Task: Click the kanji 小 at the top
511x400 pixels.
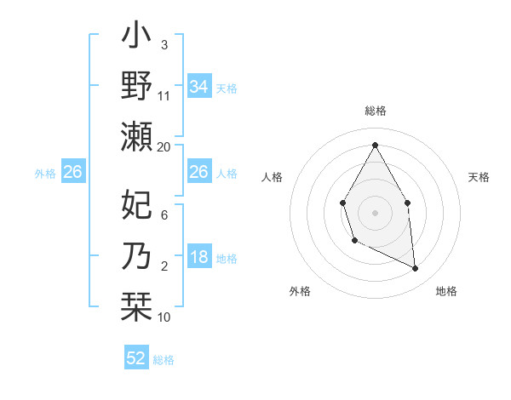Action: coord(136,37)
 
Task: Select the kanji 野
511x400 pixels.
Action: coord(136,87)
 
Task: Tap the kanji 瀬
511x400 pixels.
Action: coord(136,136)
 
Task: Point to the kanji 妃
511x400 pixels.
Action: coord(136,205)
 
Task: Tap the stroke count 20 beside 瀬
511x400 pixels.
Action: coord(164,147)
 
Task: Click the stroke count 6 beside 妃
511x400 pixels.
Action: coord(164,215)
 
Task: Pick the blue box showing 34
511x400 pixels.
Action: coord(198,87)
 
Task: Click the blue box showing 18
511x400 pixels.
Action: coord(198,257)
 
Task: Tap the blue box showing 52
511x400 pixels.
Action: coord(136,358)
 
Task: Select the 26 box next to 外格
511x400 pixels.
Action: coord(72,173)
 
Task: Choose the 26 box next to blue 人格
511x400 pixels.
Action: coord(198,173)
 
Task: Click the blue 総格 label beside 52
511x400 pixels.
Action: coord(164,360)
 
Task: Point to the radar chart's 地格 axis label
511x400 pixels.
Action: coord(446,291)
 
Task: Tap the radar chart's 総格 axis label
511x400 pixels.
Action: coord(375,111)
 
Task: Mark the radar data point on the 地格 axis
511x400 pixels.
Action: coord(416,269)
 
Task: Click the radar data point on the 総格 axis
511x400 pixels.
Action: coord(375,144)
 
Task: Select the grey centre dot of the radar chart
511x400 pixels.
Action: coord(375,211)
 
